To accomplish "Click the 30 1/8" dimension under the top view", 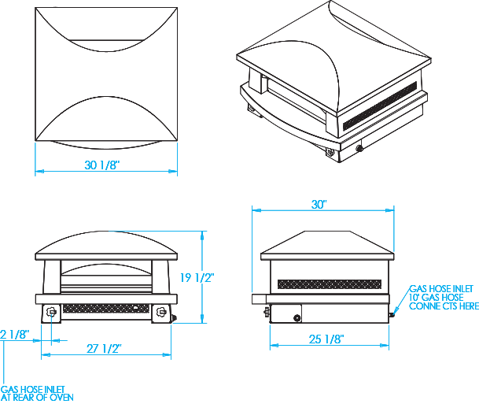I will coord(105,166).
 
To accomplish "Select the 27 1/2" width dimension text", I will coord(105,348).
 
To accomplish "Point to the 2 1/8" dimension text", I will coord(14,334).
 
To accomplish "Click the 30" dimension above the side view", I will coord(319,204).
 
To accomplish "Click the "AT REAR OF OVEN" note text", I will coord(37,398).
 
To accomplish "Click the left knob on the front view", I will coord(52,312).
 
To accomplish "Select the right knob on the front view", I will coord(161,312).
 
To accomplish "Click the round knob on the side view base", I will coord(297,318).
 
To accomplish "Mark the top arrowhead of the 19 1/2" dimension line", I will coord(204,233).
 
